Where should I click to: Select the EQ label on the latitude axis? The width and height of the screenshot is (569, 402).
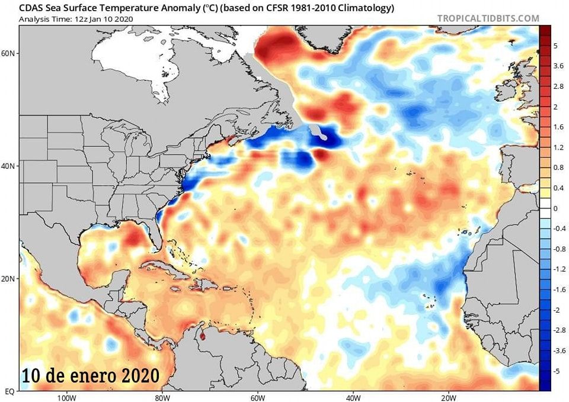[9, 391]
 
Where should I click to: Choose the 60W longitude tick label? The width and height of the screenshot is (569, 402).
[257, 397]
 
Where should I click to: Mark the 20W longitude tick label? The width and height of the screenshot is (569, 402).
[448, 397]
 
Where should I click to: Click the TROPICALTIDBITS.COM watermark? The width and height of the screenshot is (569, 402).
[488, 18]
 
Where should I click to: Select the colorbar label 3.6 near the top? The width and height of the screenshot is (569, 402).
[559, 66]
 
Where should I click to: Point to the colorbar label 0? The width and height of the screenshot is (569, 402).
[555, 208]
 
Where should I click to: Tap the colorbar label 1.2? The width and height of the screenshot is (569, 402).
[559, 147]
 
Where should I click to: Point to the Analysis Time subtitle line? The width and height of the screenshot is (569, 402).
[76, 19]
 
